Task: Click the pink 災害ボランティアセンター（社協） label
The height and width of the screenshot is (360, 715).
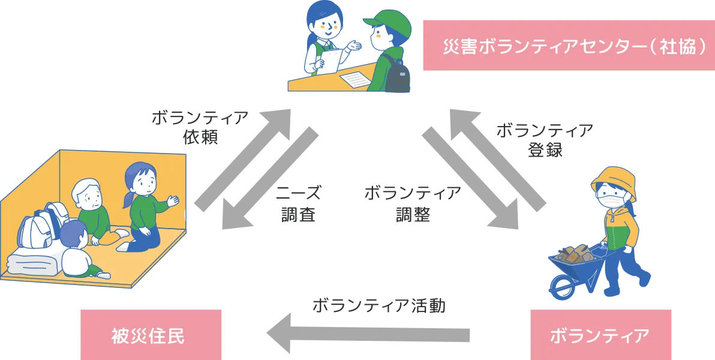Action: click(x=569, y=46)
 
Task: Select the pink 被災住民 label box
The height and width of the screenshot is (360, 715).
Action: click(x=151, y=335)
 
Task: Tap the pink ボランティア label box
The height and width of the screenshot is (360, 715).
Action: click(x=599, y=335)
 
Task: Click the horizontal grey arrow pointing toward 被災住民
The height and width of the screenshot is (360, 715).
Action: click(x=366, y=334)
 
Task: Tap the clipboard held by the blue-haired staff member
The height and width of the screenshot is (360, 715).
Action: click(x=331, y=61)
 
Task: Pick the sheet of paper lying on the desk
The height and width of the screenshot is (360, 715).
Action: click(x=357, y=78)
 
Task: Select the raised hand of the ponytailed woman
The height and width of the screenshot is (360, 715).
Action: click(x=173, y=201)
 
